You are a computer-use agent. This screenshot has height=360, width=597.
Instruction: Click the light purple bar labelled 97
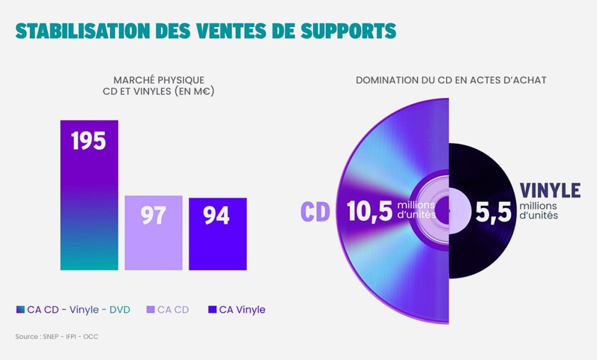click(153, 233)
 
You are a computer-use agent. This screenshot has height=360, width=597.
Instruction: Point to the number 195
click(88, 141)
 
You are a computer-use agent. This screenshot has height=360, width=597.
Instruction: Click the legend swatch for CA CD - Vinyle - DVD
click(20, 310)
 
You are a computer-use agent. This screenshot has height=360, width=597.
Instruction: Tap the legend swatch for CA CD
click(150, 310)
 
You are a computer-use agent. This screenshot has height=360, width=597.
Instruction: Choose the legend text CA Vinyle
click(242, 310)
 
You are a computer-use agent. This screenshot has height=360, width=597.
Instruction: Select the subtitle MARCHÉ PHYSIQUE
click(159, 80)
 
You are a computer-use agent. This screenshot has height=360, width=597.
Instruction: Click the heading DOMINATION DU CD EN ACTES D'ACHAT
click(451, 80)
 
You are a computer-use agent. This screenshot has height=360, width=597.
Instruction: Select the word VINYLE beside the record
click(550, 190)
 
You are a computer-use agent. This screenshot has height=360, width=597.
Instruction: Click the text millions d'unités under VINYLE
click(538, 211)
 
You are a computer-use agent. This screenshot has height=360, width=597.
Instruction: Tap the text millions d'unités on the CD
click(416, 210)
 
